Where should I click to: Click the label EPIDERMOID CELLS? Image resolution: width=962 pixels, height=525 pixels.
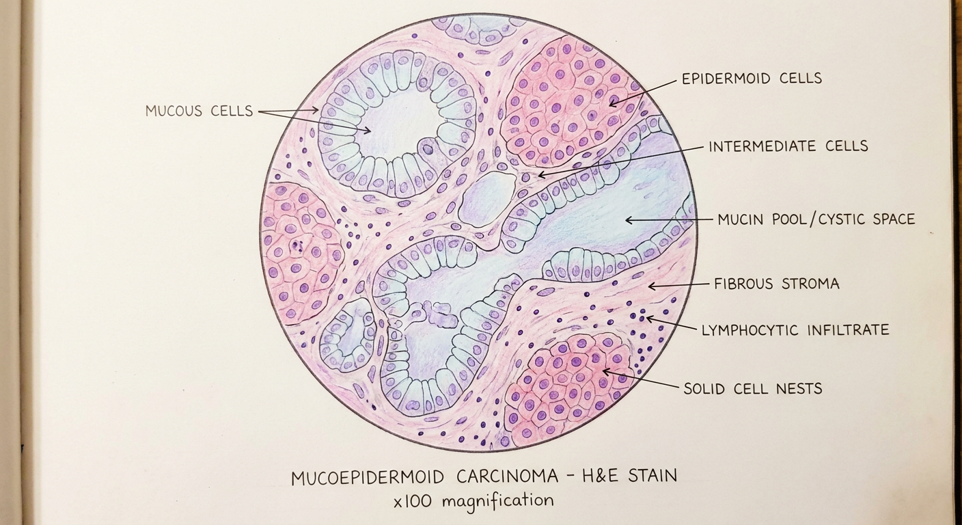[752, 78]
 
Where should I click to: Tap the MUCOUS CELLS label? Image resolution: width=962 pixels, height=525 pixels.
[200, 111]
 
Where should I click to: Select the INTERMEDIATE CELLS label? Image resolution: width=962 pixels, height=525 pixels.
[788, 146]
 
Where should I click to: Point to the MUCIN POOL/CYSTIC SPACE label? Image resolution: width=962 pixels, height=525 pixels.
[816, 219]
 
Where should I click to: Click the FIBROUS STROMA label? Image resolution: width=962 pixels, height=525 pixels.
[776, 284]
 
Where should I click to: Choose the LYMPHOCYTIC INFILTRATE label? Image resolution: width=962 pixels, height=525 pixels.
[795, 330]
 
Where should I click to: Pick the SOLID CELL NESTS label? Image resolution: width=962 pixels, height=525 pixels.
[753, 389]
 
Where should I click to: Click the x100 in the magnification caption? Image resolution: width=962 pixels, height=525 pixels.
[412, 501]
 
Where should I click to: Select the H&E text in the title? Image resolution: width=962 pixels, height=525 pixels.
[599, 476]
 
